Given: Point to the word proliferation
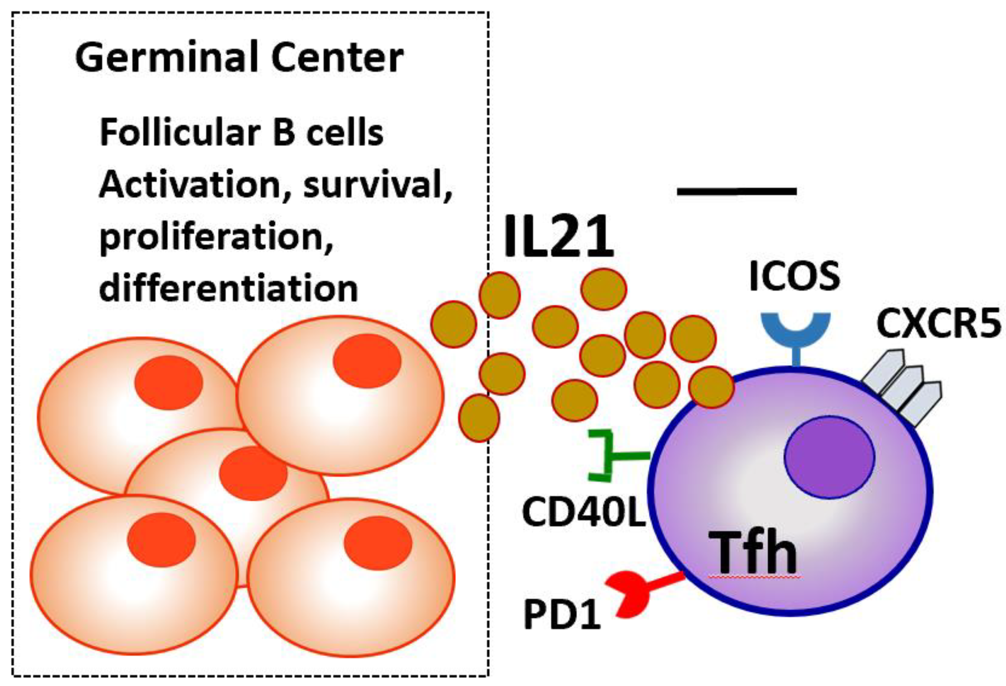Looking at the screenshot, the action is pyautogui.click(x=216, y=237).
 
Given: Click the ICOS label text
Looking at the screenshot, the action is pyautogui.click(x=795, y=276).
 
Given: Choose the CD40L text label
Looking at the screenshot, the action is pyautogui.click(x=584, y=512).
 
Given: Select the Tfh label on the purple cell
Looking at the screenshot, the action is pyautogui.click(x=753, y=554).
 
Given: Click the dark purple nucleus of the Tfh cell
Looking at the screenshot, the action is pyautogui.click(x=829, y=457).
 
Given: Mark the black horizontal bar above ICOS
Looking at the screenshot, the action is pyautogui.click(x=737, y=191).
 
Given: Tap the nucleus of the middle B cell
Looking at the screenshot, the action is pyautogui.click(x=253, y=473).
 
